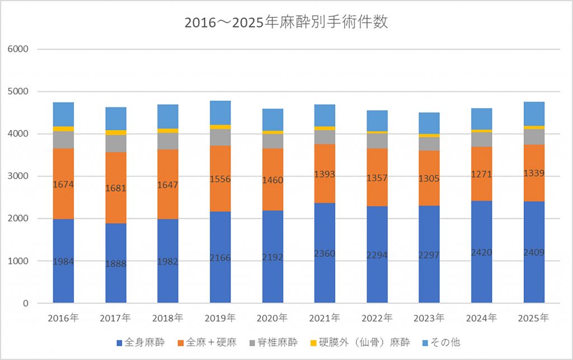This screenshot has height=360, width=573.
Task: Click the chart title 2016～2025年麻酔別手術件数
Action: (286, 24)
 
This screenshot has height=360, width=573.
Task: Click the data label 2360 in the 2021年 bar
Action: (325, 253)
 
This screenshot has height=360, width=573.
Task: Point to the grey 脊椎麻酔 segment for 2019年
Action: (220, 137)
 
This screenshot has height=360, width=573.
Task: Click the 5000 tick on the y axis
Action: (22, 91)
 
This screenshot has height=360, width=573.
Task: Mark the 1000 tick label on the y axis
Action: (22, 261)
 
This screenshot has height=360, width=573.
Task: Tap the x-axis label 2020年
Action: (273, 318)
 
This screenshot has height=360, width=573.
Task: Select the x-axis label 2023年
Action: (429, 318)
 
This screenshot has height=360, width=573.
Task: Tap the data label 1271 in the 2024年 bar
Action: (482, 174)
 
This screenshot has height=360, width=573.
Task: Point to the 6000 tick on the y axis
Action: (22, 49)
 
